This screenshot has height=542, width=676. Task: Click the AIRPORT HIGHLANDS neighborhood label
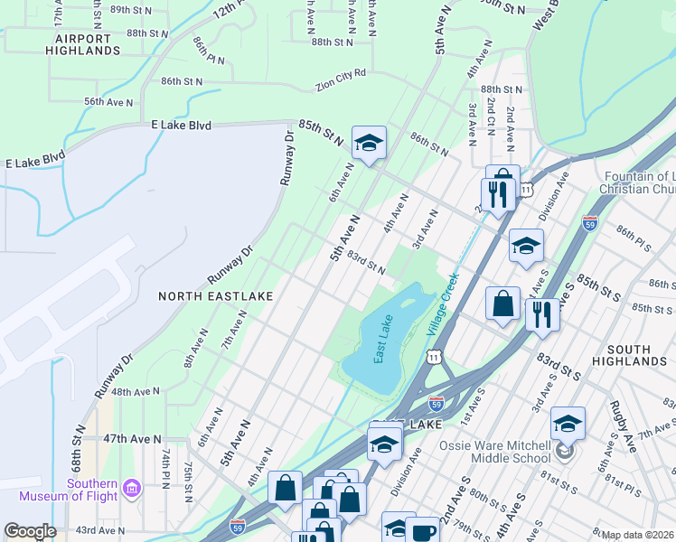click(x=88, y=44)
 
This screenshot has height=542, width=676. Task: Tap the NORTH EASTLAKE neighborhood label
click(x=202, y=295)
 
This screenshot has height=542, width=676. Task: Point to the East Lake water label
click(x=383, y=339)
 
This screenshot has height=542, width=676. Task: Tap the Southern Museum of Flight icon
click(x=132, y=489)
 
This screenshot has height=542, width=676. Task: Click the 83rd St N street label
click(x=366, y=265)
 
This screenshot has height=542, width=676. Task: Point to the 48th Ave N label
click(x=136, y=392)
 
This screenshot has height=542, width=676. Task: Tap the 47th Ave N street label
click(x=132, y=438)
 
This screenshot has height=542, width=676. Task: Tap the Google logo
click(x=29, y=531)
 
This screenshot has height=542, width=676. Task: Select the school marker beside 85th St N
click(x=368, y=143)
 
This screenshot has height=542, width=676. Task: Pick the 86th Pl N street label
click(x=208, y=52)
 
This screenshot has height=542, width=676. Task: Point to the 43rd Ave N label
click(x=99, y=530)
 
